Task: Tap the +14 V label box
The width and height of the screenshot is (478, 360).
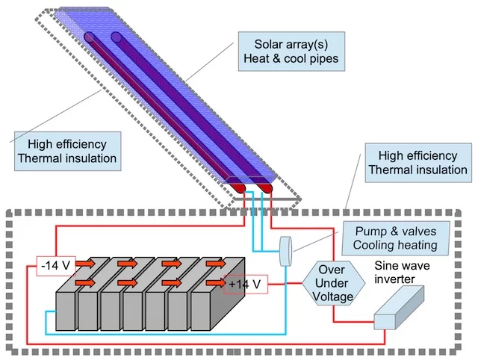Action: click(244, 285)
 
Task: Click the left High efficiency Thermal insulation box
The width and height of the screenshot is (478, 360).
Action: click(66, 151)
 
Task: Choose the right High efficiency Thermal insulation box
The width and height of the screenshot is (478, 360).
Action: click(418, 163)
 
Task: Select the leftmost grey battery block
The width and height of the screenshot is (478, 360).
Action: click(66, 314)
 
